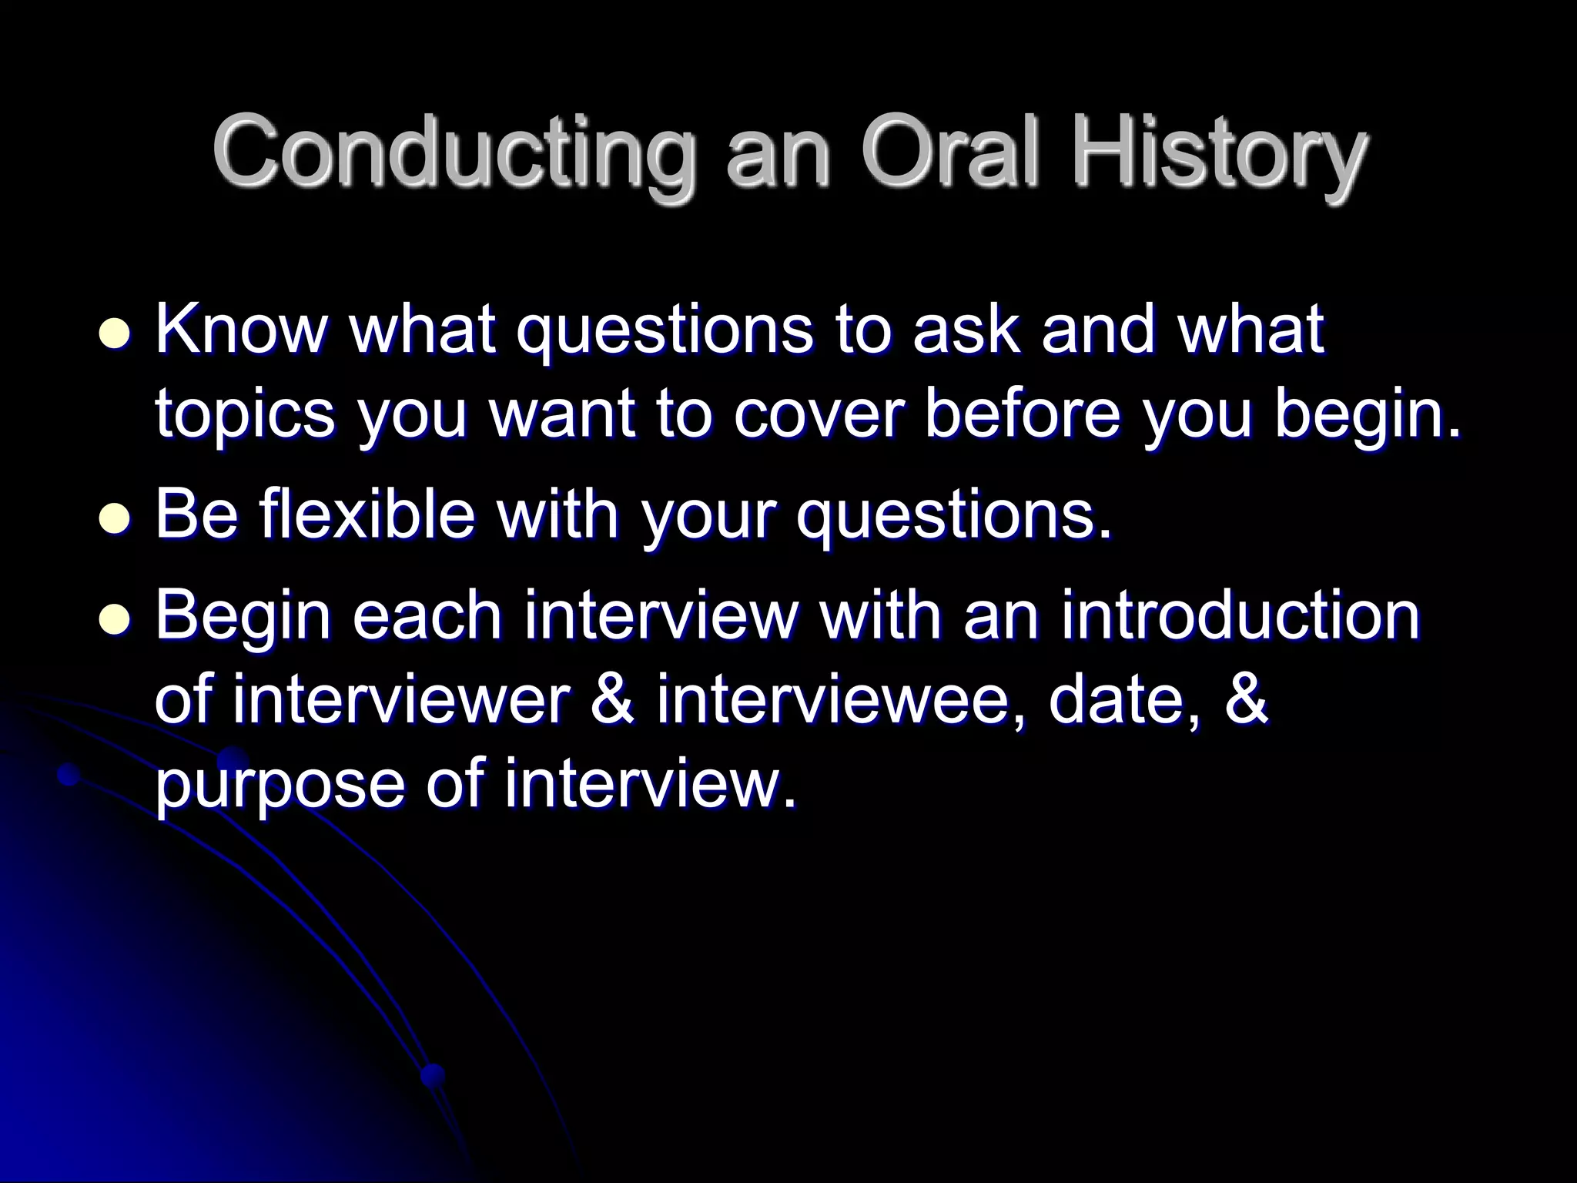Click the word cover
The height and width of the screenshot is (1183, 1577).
(x=815, y=416)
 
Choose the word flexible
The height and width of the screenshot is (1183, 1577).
(x=368, y=514)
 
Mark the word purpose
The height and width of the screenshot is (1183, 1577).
(x=279, y=786)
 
